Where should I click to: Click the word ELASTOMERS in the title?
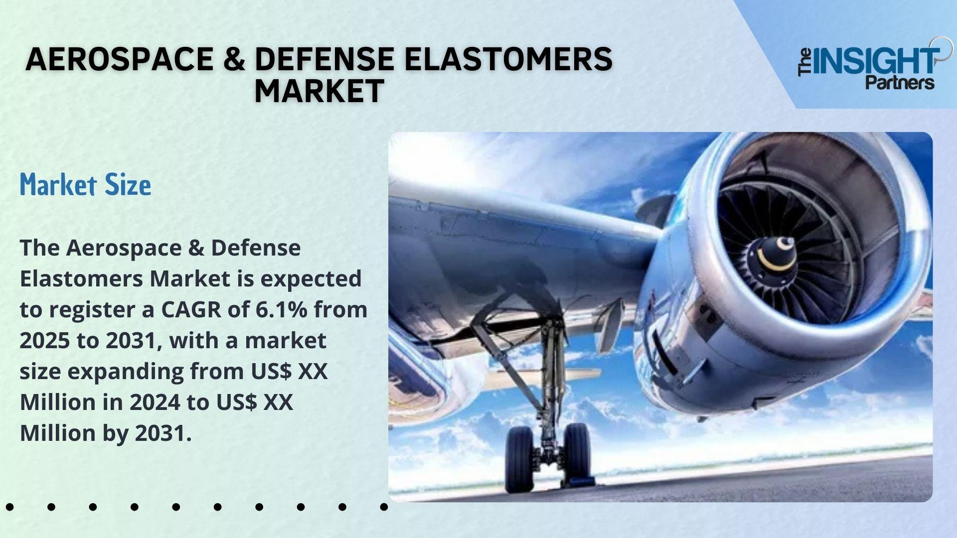508,59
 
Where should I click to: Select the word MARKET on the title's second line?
319,91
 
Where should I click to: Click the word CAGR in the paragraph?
191,309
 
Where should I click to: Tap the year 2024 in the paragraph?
155,402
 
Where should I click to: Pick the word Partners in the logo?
900,82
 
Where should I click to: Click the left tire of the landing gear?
519,459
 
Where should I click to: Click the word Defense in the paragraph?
256,248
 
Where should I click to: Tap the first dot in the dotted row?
10,507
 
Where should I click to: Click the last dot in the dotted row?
384,507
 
